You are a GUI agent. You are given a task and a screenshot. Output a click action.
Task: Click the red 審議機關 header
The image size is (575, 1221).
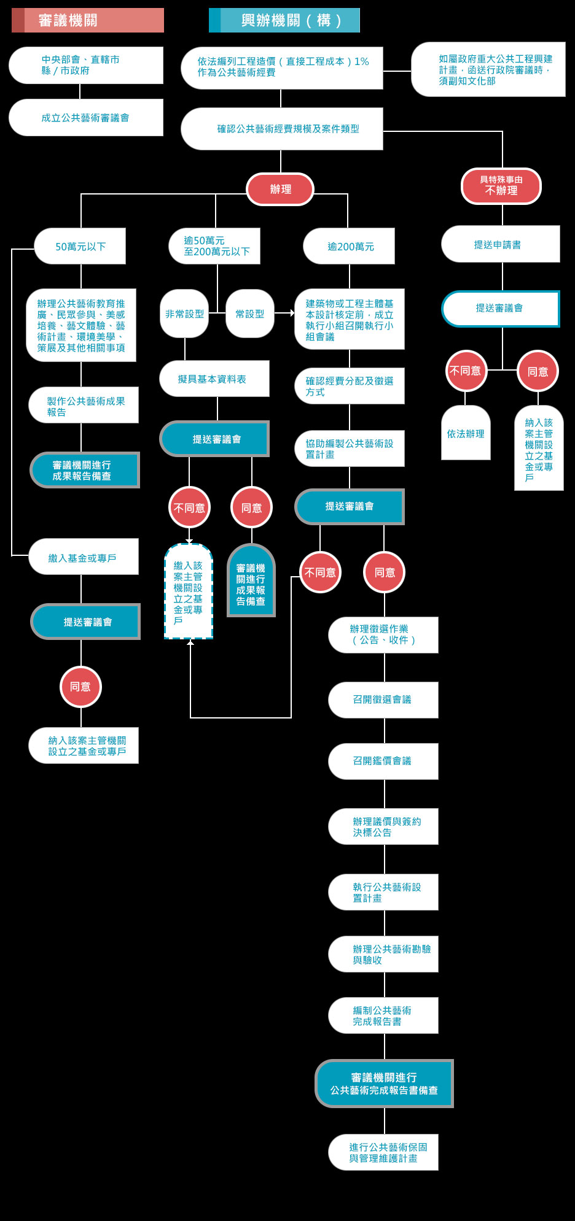(x=88, y=20)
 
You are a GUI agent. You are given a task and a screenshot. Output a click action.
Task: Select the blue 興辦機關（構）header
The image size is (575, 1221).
(x=284, y=20)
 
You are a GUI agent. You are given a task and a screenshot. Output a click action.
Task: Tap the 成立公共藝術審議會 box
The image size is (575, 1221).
(x=86, y=117)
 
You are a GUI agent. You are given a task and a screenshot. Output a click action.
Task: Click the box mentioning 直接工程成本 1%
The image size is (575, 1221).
(x=282, y=68)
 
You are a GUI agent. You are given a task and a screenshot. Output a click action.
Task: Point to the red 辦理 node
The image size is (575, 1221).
(x=280, y=189)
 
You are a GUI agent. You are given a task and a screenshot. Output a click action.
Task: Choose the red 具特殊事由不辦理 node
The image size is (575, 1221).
(x=501, y=186)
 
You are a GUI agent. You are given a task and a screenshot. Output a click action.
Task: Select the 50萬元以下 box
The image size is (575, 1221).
(x=80, y=246)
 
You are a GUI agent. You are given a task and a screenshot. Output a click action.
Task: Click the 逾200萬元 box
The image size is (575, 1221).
(x=349, y=246)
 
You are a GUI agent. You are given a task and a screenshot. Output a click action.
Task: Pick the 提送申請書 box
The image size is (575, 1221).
(x=501, y=244)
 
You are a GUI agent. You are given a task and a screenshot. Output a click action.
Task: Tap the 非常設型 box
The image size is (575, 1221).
(x=184, y=314)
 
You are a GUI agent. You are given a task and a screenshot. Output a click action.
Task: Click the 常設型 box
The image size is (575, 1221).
(x=250, y=314)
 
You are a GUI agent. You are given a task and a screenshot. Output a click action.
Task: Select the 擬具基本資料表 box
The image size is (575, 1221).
(x=214, y=379)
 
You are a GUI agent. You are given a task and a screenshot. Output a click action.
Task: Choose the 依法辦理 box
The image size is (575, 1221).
(x=466, y=433)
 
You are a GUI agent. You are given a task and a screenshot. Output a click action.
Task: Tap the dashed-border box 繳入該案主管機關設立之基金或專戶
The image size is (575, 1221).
(x=189, y=591)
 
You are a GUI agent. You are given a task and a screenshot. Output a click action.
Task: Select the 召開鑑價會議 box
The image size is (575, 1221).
(x=383, y=761)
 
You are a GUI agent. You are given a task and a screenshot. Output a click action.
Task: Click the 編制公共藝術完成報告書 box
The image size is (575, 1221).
(x=383, y=1015)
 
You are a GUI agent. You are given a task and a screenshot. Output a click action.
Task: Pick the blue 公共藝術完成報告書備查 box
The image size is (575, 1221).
(x=385, y=1084)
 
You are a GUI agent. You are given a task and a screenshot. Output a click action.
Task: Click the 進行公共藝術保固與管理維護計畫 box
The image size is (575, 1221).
(x=383, y=1152)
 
